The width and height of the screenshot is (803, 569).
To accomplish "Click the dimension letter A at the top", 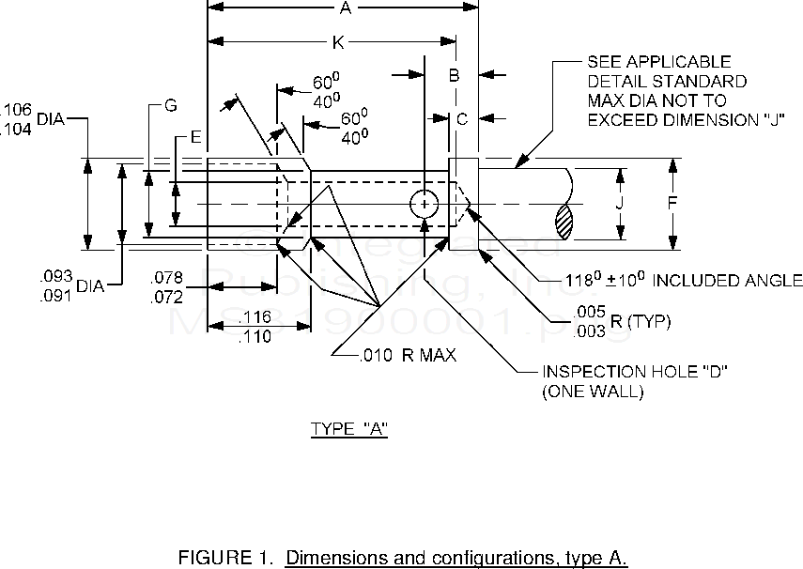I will pyautogui.click(x=345, y=8).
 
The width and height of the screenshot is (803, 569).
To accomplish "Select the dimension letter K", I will pyautogui.click(x=336, y=42).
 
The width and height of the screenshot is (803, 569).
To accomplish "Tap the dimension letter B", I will pyautogui.click(x=453, y=74).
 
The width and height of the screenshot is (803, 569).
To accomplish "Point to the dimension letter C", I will pyautogui.click(x=461, y=119).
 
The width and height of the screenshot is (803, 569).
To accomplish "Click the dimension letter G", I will pyautogui.click(x=170, y=106).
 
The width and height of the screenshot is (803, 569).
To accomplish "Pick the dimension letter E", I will pyautogui.click(x=195, y=138).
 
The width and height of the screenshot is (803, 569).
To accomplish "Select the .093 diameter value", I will pyautogui.click(x=55, y=276).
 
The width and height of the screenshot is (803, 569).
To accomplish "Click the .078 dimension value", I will pyautogui.click(x=169, y=278).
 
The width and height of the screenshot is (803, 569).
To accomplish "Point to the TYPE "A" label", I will pyautogui.click(x=348, y=430).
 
